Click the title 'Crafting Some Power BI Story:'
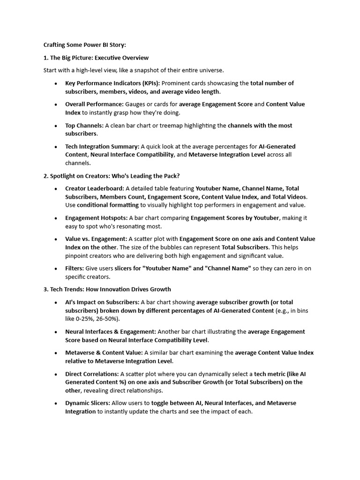[85, 45]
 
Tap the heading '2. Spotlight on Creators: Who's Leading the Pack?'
[111, 176]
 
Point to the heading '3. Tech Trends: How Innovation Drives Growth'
[107, 289]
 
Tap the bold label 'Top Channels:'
[84, 125]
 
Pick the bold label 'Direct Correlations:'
[92, 374]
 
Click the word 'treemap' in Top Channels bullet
[197, 125]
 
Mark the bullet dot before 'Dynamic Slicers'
[55, 403]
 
